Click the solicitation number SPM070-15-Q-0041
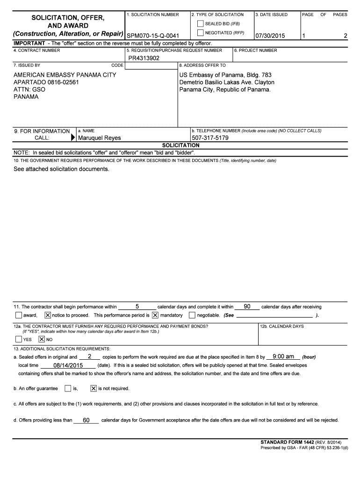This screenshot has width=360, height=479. pos(153,36)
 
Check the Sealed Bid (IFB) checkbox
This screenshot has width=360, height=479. pos(201,23)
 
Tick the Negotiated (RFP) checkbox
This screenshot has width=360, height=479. pos(201,33)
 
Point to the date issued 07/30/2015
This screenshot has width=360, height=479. pos(270,36)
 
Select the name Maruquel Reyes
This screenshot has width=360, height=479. pos(99,138)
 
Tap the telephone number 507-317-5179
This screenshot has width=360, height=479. pos(210,138)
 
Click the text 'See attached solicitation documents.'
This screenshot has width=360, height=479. pos(61,169)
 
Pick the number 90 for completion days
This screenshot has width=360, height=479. pos(247,306)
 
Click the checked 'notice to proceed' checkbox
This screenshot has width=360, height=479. pos(48,315)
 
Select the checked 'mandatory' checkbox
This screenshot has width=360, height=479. pos(155,315)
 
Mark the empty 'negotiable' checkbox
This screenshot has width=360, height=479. pos(192,315)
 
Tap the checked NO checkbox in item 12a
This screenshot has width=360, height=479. pos(42,339)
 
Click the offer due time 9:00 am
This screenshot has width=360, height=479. pos(283,356)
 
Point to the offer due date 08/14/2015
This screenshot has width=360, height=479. pos(68,365)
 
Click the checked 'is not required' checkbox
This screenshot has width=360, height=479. pos(93,388)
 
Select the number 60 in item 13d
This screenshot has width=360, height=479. pos(86,420)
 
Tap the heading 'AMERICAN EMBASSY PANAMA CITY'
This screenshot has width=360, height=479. pos(65,75)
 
